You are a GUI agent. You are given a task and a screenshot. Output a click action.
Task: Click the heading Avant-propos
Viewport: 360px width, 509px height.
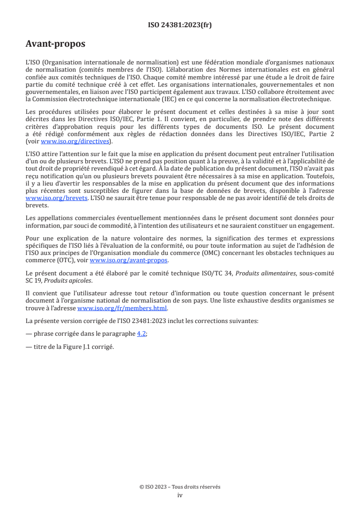(55, 44)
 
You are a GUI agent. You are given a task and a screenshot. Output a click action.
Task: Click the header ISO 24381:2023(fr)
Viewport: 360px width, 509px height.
(180, 25)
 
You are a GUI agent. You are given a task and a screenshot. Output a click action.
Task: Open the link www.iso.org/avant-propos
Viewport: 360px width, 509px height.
(129, 260)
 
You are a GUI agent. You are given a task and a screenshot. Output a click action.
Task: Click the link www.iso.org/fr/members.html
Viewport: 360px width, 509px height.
(123, 308)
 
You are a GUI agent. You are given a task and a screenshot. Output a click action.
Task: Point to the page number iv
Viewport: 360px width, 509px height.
(180, 495)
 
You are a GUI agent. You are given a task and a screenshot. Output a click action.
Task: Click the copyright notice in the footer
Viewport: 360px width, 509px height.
(180, 487)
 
